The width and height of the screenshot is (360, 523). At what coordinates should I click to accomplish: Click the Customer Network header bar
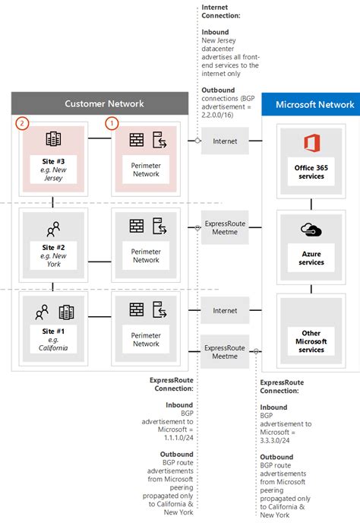99,103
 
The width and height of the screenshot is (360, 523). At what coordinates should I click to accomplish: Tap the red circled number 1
112,122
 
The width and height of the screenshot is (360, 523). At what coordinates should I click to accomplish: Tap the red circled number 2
22,122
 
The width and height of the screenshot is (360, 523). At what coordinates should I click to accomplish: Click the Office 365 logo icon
311,144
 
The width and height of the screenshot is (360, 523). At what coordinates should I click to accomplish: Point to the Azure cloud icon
311,230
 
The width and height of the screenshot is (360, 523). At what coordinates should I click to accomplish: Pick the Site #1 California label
52,343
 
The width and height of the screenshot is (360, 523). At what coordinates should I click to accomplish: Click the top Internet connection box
225,141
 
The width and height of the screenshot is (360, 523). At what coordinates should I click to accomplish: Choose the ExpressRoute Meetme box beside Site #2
225,230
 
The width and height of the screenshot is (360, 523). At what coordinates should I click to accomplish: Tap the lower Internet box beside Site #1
225,310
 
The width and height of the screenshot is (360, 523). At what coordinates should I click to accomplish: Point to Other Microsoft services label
311,341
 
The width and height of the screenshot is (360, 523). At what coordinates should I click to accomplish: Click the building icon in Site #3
52,140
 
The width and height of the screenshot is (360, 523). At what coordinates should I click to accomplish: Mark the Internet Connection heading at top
220,11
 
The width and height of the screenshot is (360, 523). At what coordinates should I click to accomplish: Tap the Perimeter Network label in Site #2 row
146,255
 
